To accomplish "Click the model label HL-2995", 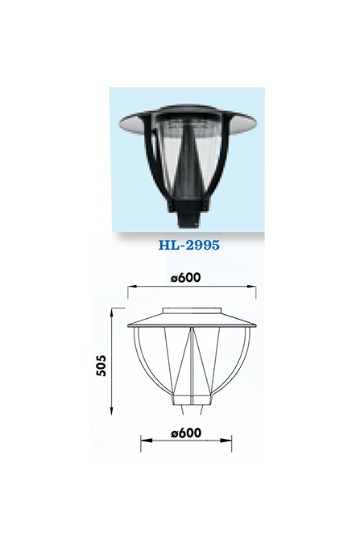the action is click(x=189, y=245).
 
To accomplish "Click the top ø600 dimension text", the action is click(x=186, y=278).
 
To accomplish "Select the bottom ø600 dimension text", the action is click(x=186, y=432).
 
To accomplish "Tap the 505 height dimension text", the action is click(x=101, y=366).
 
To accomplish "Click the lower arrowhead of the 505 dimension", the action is click(x=112, y=411).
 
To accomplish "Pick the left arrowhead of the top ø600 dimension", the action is click(x=132, y=287).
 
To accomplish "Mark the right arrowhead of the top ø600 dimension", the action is click(x=251, y=287).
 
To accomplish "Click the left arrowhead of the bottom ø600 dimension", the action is click(x=146, y=441).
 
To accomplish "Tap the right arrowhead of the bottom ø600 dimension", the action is click(x=226, y=441).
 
